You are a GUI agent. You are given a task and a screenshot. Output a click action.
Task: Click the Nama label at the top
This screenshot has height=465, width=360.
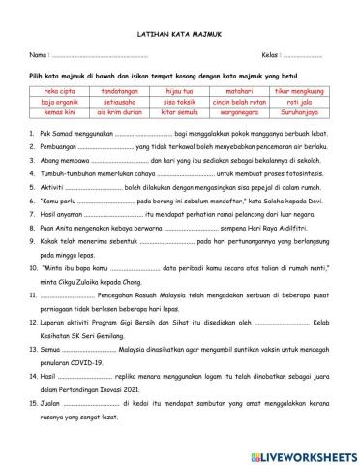click(x=38, y=54)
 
